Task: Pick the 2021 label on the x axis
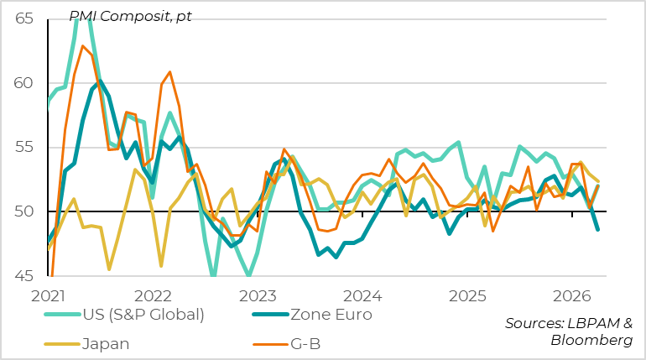tap(48, 296)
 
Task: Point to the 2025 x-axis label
tap(467, 296)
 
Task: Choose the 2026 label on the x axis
tap(572, 296)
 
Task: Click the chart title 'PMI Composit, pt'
tap(129, 17)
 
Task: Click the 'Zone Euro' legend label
tap(342, 314)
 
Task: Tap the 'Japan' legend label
tap(107, 343)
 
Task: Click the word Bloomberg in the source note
tap(591, 339)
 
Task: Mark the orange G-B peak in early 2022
tap(169, 72)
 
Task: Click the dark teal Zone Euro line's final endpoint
tap(598, 229)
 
